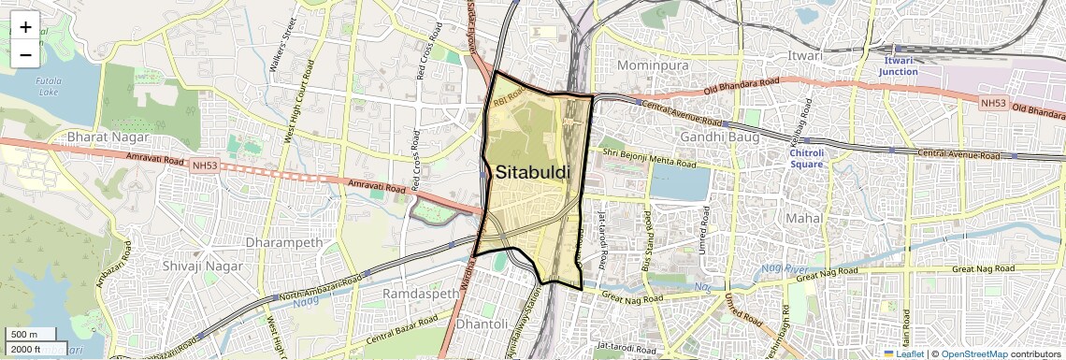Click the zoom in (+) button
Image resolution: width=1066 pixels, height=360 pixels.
pos(25,27)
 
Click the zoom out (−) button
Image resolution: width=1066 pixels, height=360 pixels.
pos(25,55)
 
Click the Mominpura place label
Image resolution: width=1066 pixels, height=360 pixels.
pos(653,65)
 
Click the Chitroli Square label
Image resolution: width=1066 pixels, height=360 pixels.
pos(806,158)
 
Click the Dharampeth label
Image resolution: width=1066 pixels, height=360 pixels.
pos(283,242)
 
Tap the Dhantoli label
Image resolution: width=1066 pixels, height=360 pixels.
pos(483,324)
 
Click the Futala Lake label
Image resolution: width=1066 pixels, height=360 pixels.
pos(48,86)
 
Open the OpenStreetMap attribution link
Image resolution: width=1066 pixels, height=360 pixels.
pos(972,353)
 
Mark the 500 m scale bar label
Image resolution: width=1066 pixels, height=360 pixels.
pos(24,335)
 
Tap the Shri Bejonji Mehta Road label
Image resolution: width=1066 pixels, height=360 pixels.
pos(649,158)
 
